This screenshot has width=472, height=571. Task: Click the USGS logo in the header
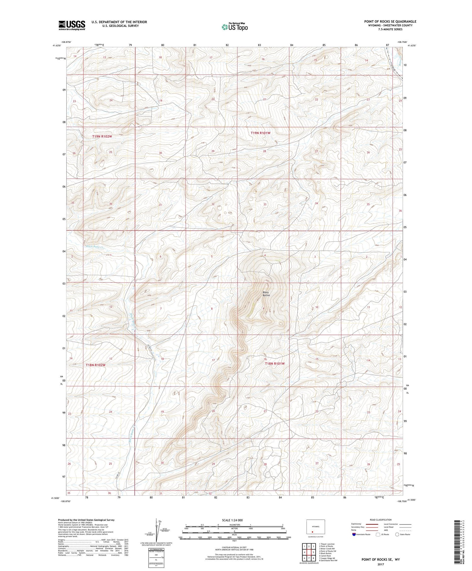point(72,25)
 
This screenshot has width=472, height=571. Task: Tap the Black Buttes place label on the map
point(266,294)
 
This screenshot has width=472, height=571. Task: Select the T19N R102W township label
point(102,136)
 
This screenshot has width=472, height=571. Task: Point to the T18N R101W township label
point(274,363)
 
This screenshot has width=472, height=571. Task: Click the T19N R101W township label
point(260,133)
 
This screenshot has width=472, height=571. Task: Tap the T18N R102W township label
point(95,365)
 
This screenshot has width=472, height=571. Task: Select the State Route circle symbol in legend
point(397,534)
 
